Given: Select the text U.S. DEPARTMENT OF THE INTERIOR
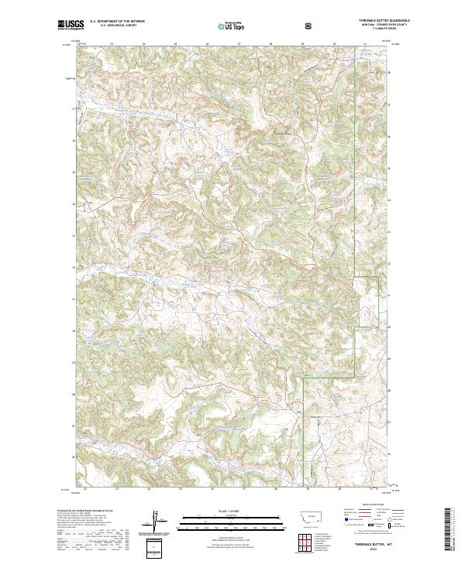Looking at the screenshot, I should [x=117, y=22].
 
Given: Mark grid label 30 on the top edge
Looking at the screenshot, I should [x=334, y=44].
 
